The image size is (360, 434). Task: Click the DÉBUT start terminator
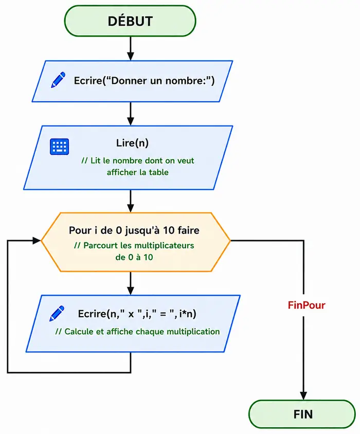point(130,21)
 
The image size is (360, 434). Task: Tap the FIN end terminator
point(302,414)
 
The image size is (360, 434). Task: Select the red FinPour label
point(307,305)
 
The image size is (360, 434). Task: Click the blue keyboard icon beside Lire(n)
point(60,146)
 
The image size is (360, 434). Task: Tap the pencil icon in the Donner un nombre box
point(58,80)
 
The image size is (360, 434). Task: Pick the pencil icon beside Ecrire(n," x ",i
point(57,314)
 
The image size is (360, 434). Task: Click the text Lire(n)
point(132,143)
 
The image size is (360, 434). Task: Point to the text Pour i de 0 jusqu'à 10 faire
point(134,230)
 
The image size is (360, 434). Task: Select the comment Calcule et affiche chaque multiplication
point(137,332)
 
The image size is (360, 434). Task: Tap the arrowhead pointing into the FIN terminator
point(303,396)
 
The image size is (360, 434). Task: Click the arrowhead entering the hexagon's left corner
point(37,240)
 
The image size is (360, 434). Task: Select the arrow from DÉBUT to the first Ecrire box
point(130,48)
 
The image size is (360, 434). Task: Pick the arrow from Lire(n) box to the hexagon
point(130,201)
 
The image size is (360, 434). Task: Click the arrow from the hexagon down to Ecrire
point(130,283)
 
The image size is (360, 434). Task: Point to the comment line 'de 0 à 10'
point(134,257)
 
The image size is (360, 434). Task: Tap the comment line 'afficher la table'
point(138,172)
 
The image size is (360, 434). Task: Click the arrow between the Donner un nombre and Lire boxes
point(130,114)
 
